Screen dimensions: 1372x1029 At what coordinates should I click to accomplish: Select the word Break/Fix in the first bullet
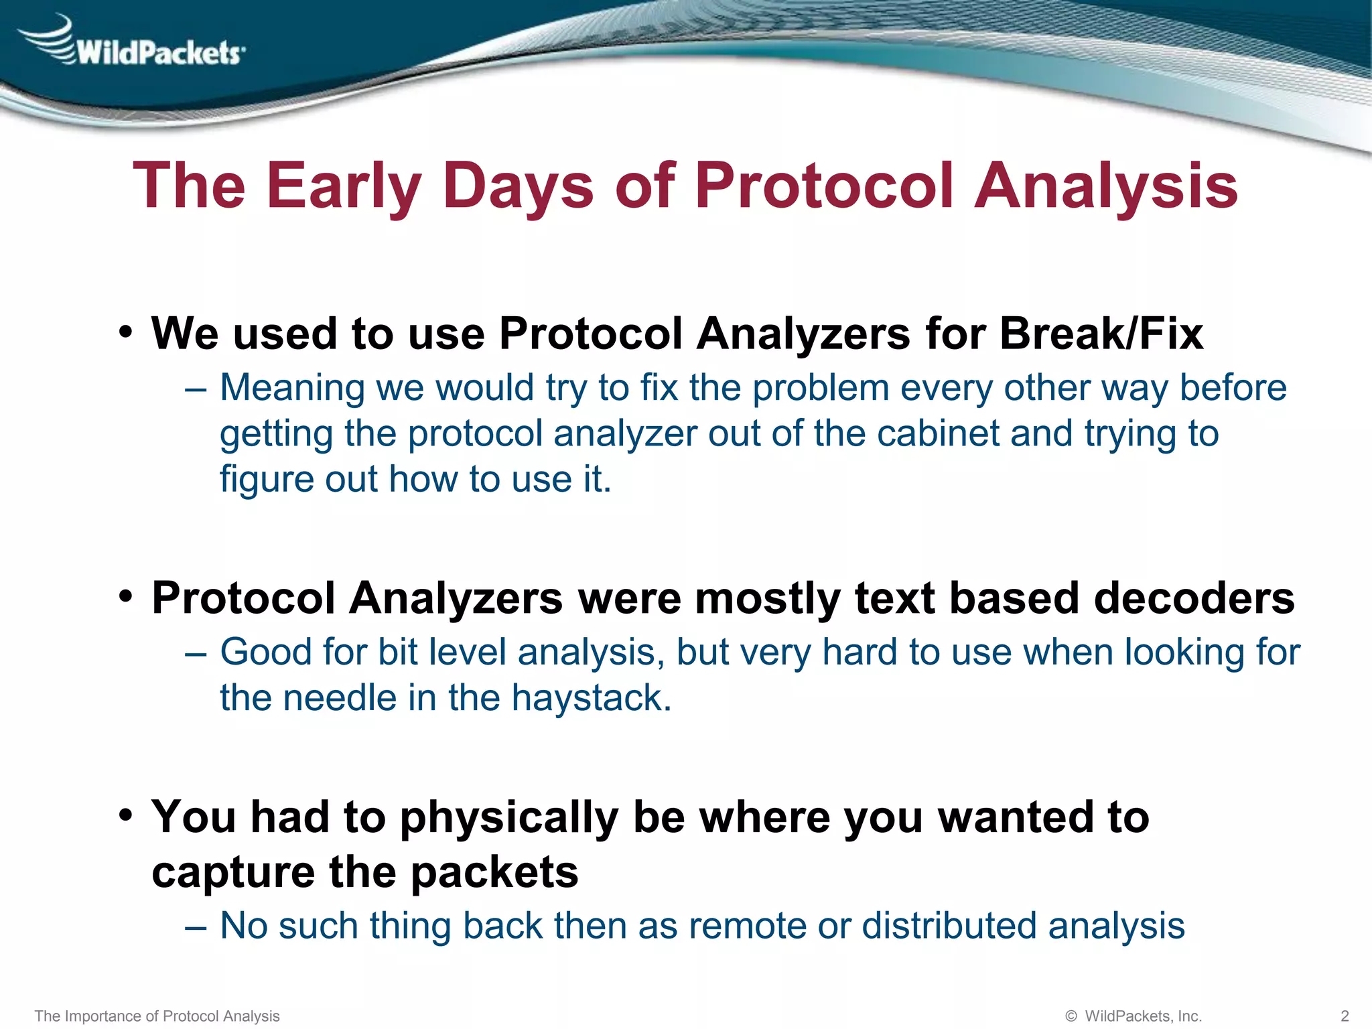pos(1101,333)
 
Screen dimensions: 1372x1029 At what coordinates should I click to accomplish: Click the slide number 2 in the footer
pos(1345,1016)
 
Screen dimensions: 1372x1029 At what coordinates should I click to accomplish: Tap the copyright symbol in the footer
pos(1071,1016)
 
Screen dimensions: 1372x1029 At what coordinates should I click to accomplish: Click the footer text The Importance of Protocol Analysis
pos(157,1016)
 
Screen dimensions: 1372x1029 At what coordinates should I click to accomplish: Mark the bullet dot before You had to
pos(126,815)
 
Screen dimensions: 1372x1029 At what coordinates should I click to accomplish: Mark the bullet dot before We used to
pos(126,331)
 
